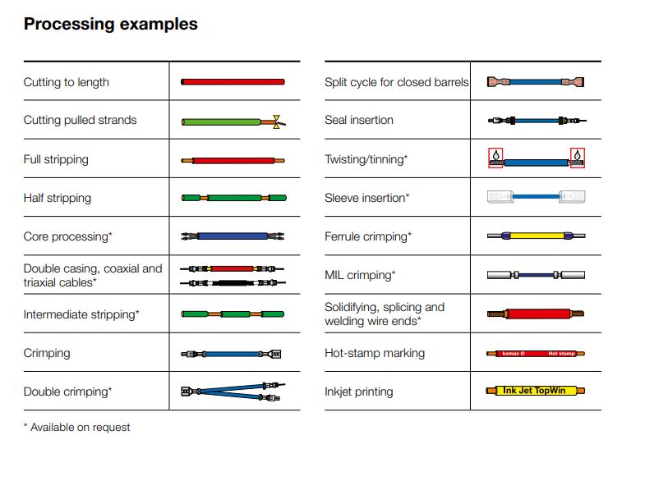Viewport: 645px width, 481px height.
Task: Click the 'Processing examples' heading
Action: point(111,24)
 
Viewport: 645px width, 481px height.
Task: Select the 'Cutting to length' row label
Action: point(67,82)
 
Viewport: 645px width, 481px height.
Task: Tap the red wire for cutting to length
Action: point(233,82)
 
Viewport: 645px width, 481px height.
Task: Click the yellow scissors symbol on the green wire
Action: point(276,121)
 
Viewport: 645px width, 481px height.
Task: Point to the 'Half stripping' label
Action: point(58,198)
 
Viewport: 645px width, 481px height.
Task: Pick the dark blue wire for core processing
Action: point(233,236)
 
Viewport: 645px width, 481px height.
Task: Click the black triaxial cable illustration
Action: point(233,282)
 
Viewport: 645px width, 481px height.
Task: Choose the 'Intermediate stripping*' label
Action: point(81,314)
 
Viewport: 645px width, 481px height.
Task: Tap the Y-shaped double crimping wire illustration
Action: point(233,392)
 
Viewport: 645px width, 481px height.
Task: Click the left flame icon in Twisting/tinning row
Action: point(496,156)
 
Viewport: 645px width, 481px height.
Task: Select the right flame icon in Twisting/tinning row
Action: point(578,156)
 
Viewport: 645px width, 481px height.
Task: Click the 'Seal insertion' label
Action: point(359,120)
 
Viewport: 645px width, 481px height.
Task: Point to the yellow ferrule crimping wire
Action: point(536,236)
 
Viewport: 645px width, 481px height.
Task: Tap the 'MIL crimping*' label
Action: point(360,275)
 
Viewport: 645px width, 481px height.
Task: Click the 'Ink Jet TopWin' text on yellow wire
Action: point(534,391)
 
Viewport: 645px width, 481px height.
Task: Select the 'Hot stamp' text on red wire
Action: point(561,354)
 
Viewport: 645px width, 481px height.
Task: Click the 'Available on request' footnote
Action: point(77,428)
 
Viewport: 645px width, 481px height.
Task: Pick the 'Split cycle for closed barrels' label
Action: point(397,82)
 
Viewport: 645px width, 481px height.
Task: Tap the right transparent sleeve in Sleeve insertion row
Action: point(572,197)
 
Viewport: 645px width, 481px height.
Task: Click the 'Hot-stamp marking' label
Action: point(375,353)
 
